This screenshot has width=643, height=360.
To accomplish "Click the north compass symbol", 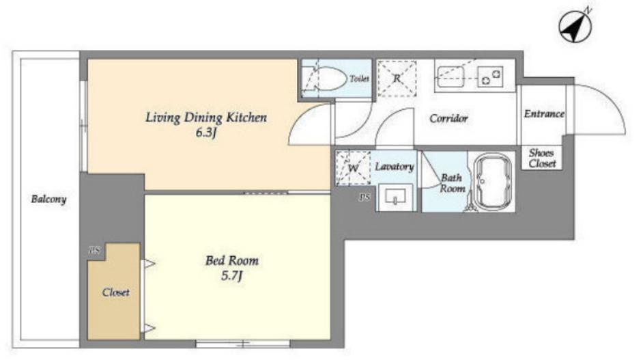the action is pos(575,26).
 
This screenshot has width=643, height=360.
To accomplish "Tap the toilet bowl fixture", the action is pos(325,79).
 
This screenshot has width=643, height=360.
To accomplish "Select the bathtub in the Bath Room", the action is pos(492,181).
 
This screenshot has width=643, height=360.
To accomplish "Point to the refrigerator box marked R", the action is pos(397,79).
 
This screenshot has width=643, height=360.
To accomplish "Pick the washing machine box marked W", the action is pos(353,167).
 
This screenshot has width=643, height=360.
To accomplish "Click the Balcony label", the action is pos(48,199).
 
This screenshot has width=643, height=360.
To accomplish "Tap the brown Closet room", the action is pos(114,292).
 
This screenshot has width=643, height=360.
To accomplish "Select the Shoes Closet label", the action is pos(542,158).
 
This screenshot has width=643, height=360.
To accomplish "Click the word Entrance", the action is pos(544,113).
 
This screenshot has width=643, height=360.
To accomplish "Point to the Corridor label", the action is pos(448,119).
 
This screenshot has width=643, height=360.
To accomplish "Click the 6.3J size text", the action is pos(206,133).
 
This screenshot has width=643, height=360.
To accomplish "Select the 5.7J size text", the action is pos(231,276).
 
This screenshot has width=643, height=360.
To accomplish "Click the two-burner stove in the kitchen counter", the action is pos(491,76).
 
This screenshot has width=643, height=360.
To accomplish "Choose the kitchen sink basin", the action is pos(451,77).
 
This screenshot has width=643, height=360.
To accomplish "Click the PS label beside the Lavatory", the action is pos(365,197).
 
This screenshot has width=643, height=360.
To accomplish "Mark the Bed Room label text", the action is pos(232,261).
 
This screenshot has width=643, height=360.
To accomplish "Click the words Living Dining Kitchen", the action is pos(206,117).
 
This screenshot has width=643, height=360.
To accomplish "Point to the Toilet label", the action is pos(359,79).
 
